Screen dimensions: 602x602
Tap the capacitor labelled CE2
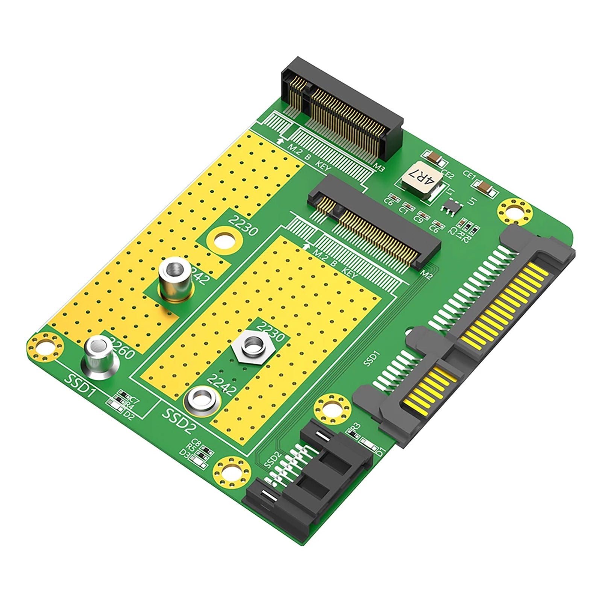[x=435, y=157]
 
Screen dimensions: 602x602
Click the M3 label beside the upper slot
[x=378, y=168]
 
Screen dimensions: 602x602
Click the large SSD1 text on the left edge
[x=80, y=384]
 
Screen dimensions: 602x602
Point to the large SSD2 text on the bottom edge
[x=180, y=419]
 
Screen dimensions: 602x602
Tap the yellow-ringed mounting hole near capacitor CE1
[x=514, y=211]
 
